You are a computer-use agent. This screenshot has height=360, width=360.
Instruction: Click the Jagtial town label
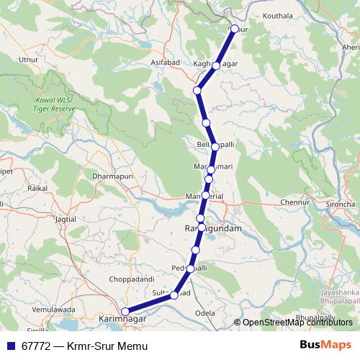click(x=65, y=218)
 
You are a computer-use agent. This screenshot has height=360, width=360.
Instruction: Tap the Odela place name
click(x=205, y=314)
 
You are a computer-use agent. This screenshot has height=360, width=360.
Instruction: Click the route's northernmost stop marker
click(x=233, y=29)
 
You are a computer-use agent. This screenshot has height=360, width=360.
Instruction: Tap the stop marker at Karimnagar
click(x=125, y=311)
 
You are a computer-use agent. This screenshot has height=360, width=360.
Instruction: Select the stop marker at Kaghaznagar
click(x=216, y=66)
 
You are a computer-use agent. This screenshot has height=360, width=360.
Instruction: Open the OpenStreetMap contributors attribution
click(x=297, y=323)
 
